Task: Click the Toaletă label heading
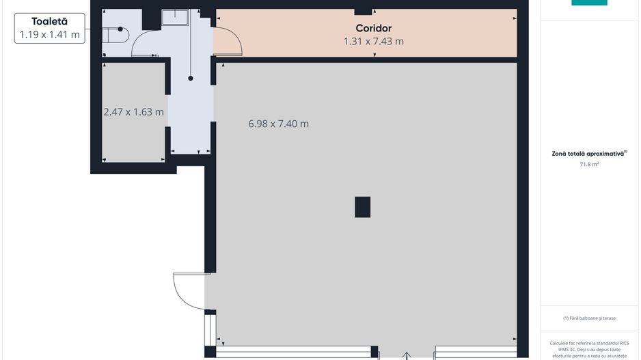pyautogui.click(x=49, y=21)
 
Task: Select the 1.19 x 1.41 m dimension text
pyautogui.click(x=49, y=35)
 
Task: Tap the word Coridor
pyautogui.click(x=374, y=28)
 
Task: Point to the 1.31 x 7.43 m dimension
pyautogui.click(x=374, y=41)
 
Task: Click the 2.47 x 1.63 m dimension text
pyautogui.click(x=134, y=112)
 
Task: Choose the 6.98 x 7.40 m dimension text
pyautogui.click(x=278, y=124)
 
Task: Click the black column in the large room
pyautogui.click(x=363, y=207)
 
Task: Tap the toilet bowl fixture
pyautogui.click(x=115, y=35)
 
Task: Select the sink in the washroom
pyautogui.click(x=175, y=18)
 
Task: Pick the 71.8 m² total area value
pyautogui.click(x=589, y=164)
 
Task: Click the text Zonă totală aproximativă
pyautogui.click(x=588, y=154)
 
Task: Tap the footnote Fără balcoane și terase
pyautogui.click(x=589, y=318)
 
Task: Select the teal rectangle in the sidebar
pyautogui.click(x=589, y=3)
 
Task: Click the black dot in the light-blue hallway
pyautogui.click(x=191, y=78)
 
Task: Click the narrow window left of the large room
pyautogui.click(x=210, y=330)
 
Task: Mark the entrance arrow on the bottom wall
pyautogui.click(x=407, y=356)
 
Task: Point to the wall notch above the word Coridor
pyautogui.click(x=363, y=12)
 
